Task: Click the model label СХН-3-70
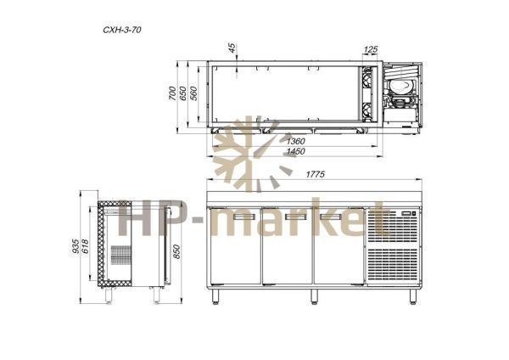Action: (x=122, y=30)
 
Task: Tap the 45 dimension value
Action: (x=232, y=48)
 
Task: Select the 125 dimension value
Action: (x=371, y=49)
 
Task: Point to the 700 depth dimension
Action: (x=172, y=93)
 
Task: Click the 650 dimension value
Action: (x=183, y=93)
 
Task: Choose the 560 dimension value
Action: (x=193, y=93)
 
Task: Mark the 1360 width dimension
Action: (x=296, y=141)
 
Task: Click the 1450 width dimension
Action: (x=296, y=151)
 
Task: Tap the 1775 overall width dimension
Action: (x=316, y=174)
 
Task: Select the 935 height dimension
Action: (x=76, y=246)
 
